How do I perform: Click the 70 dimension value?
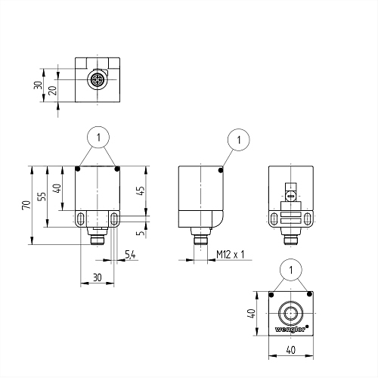[26, 205]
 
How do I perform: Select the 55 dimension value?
[42, 197]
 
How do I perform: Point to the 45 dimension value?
[141, 191]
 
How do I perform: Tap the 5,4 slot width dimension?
[130, 255]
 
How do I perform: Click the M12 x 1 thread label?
[231, 255]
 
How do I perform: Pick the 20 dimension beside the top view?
[52, 90]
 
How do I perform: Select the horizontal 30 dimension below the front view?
[98, 277]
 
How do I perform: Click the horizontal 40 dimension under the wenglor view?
[291, 350]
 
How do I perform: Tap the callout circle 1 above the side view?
[239, 140]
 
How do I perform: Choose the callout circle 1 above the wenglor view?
[291, 270]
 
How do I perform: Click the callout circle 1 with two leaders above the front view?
[98, 138]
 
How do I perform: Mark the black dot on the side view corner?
[221, 171]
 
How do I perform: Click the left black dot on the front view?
[78, 169]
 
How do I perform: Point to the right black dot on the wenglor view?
[309, 294]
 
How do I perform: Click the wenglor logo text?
[290, 329]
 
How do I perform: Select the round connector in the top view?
[98, 80]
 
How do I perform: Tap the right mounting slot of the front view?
[114, 218]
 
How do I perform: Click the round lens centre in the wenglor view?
[291, 314]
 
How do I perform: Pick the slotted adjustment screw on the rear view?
[291, 197]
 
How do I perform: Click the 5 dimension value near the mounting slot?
[141, 233]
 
